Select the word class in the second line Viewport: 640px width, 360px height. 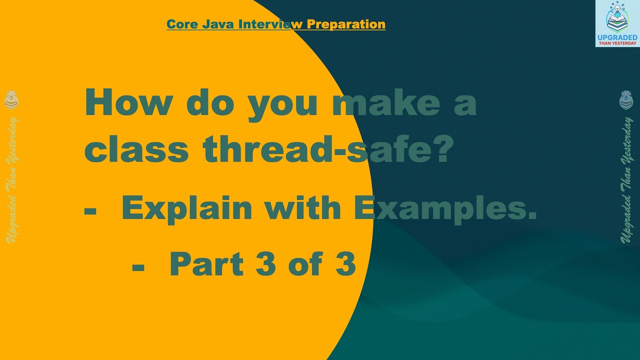(136, 150)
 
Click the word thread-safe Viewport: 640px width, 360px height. (316, 150)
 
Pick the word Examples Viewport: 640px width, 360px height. (445, 208)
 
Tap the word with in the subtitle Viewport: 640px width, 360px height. (303, 208)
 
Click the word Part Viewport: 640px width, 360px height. (206, 264)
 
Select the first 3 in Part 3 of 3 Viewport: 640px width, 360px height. (265, 264)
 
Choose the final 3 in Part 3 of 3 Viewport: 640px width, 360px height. (345, 264)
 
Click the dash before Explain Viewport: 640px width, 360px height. (90, 210)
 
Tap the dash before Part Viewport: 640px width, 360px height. (138, 266)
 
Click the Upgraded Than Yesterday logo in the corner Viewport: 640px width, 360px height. (617, 23)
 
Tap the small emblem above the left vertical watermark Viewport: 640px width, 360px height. (11, 100)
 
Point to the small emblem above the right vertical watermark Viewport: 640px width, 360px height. (626, 100)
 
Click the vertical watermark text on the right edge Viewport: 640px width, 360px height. (626, 180)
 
